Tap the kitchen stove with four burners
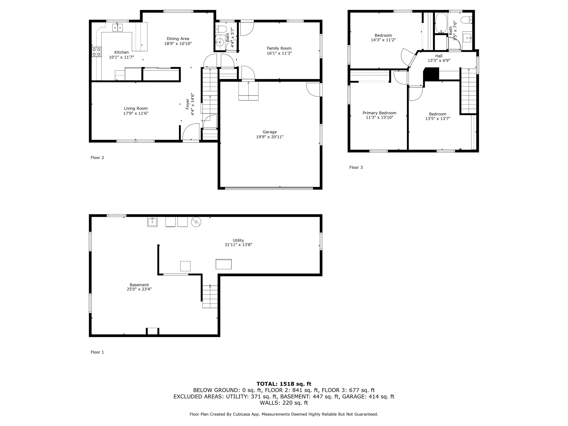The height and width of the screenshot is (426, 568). pyautogui.click(x=97, y=52)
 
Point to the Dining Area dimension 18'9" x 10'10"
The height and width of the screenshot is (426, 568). pyautogui.click(x=178, y=44)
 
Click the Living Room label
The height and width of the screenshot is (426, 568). pyautogui.click(x=136, y=108)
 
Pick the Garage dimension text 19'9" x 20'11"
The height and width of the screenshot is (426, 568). pyautogui.click(x=270, y=137)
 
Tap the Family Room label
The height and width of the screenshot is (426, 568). pyautogui.click(x=279, y=48)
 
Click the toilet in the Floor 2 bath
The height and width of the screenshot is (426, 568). pyautogui.click(x=221, y=28)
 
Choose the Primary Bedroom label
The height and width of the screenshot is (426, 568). pyautogui.click(x=380, y=113)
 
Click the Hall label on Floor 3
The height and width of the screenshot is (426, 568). pyautogui.click(x=439, y=56)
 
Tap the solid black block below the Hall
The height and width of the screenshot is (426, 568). pyautogui.click(x=431, y=74)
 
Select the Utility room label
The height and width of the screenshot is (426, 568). pyautogui.click(x=238, y=240)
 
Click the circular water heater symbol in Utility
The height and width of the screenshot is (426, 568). pyautogui.click(x=196, y=222)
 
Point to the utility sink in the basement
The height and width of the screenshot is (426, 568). pyautogui.click(x=152, y=222)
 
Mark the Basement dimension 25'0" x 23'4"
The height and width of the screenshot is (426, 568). pyautogui.click(x=139, y=289)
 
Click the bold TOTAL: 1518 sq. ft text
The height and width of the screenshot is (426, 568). pyautogui.click(x=284, y=384)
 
